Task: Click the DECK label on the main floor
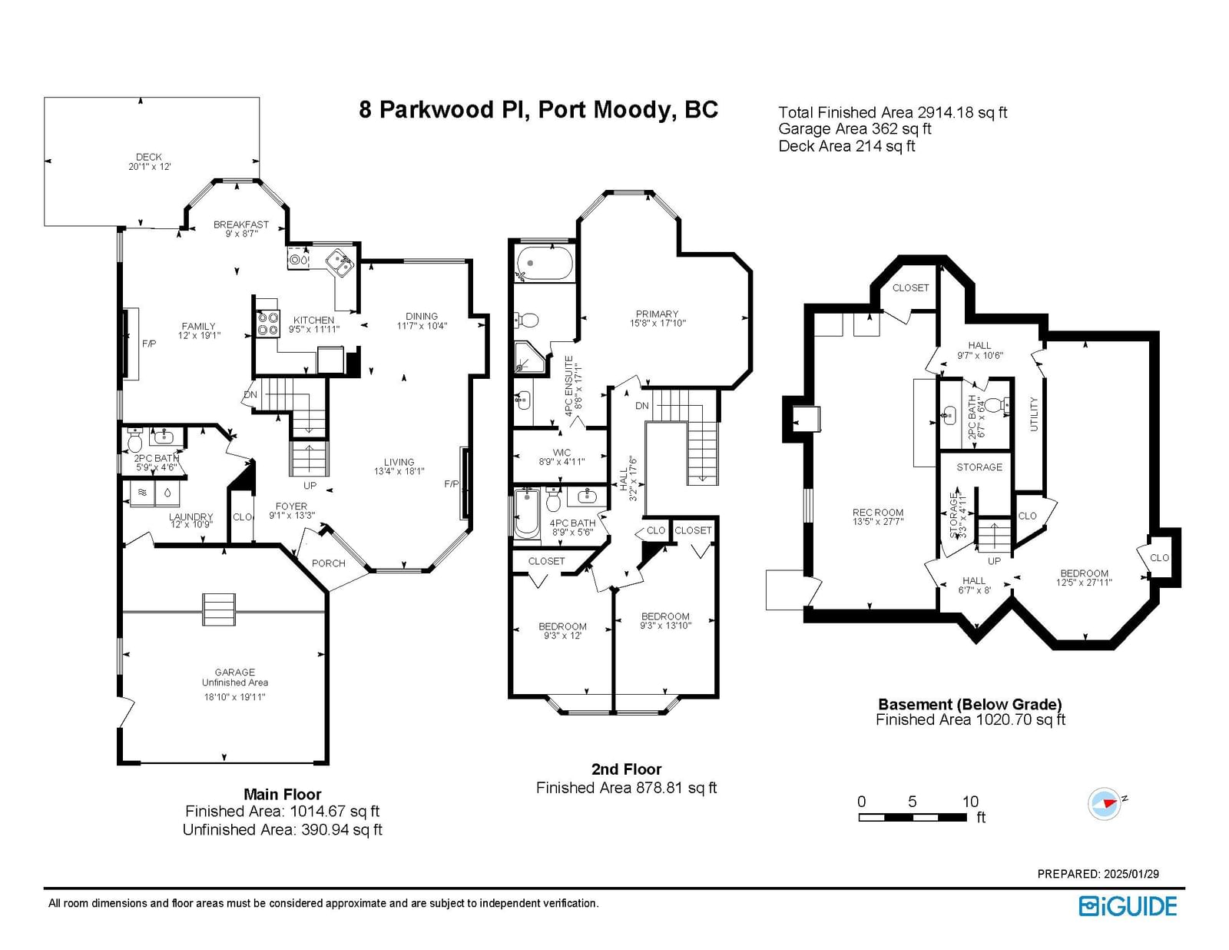pyautogui.click(x=149, y=157)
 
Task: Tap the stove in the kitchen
pyautogui.click(x=268, y=325)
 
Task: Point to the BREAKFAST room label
pyautogui.click(x=241, y=224)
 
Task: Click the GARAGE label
pyautogui.click(x=235, y=673)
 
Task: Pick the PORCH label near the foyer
pyautogui.click(x=329, y=563)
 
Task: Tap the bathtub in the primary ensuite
pyautogui.click(x=545, y=263)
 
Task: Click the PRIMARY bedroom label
pyautogui.click(x=657, y=314)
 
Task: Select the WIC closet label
pyautogui.click(x=561, y=453)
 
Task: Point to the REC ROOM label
pyautogui.click(x=878, y=513)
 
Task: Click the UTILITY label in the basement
pyautogui.click(x=1035, y=414)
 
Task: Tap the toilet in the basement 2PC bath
pyautogui.click(x=1002, y=404)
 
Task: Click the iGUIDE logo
pyautogui.click(x=1128, y=906)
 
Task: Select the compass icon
pyautogui.click(x=1105, y=803)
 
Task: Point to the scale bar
pyautogui.click(x=913, y=817)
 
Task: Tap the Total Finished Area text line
pyautogui.click(x=893, y=112)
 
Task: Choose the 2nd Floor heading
pyautogui.click(x=626, y=769)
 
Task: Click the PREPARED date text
pyautogui.click(x=1098, y=874)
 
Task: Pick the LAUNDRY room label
pyautogui.click(x=190, y=517)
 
